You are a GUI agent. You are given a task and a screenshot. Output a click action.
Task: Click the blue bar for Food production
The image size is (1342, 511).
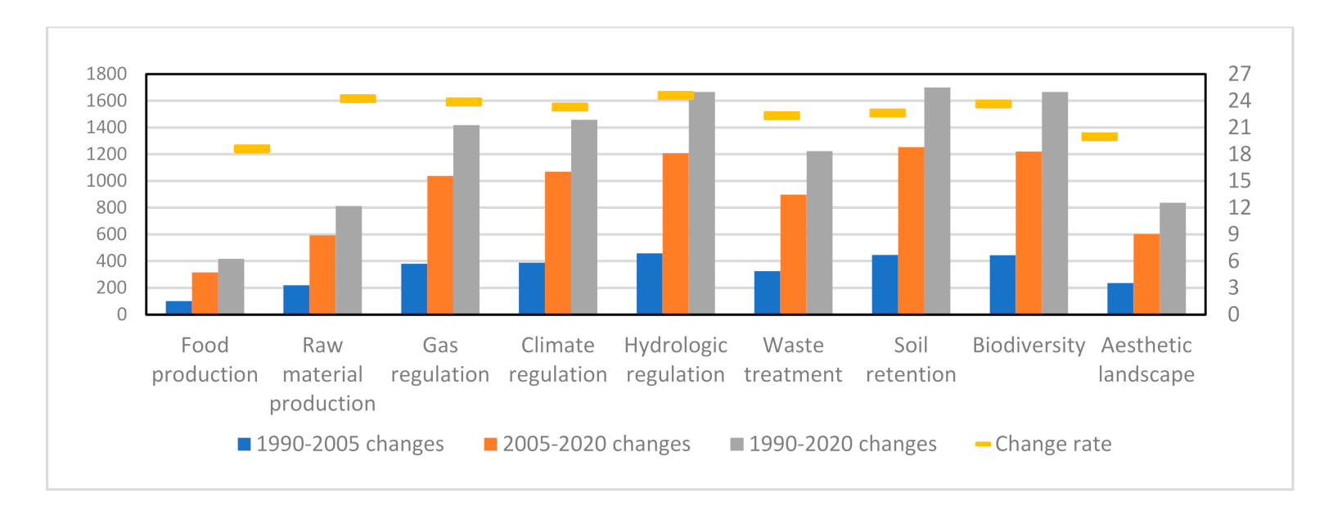pyautogui.click(x=178, y=308)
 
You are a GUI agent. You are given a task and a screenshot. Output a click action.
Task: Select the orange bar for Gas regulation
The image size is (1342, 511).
pyautogui.click(x=440, y=246)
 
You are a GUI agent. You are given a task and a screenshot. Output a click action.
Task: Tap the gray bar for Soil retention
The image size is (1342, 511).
pyautogui.click(x=937, y=201)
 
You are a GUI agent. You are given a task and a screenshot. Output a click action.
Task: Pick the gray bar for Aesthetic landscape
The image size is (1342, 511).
pyautogui.click(x=1173, y=259)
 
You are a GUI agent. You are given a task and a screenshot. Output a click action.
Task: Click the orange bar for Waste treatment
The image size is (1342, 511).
pyautogui.click(x=793, y=255)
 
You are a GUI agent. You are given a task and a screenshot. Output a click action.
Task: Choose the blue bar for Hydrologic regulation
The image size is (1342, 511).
pyautogui.click(x=649, y=284)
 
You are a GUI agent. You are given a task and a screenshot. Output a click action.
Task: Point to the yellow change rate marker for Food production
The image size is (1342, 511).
pyautogui.click(x=252, y=149)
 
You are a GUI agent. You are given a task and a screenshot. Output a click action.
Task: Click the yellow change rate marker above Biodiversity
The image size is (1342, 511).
pyautogui.click(x=993, y=104)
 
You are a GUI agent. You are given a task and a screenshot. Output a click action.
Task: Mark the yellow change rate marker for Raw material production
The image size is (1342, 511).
pyautogui.click(x=358, y=99)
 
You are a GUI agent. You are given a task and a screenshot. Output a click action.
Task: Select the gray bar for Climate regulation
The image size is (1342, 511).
pyautogui.click(x=584, y=217)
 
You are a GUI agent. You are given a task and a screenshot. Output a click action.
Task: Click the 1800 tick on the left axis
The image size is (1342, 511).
pyautogui.click(x=106, y=74)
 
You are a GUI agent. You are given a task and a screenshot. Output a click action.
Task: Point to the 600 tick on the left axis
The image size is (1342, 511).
pyautogui.click(x=111, y=234)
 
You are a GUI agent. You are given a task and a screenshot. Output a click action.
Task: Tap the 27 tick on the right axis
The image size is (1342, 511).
pyautogui.click(x=1239, y=74)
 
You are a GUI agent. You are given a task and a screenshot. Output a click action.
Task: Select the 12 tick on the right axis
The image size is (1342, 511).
pyautogui.click(x=1239, y=207)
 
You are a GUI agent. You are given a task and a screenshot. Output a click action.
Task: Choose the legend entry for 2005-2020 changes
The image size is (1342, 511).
pyautogui.click(x=587, y=444)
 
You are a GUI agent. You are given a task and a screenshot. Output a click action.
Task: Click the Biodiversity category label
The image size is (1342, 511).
pyautogui.click(x=1029, y=346)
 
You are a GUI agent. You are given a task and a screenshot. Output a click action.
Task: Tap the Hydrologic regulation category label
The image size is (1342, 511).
pyautogui.click(x=675, y=360)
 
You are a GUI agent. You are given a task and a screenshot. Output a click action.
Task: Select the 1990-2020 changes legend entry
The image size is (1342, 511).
pyautogui.click(x=833, y=444)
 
